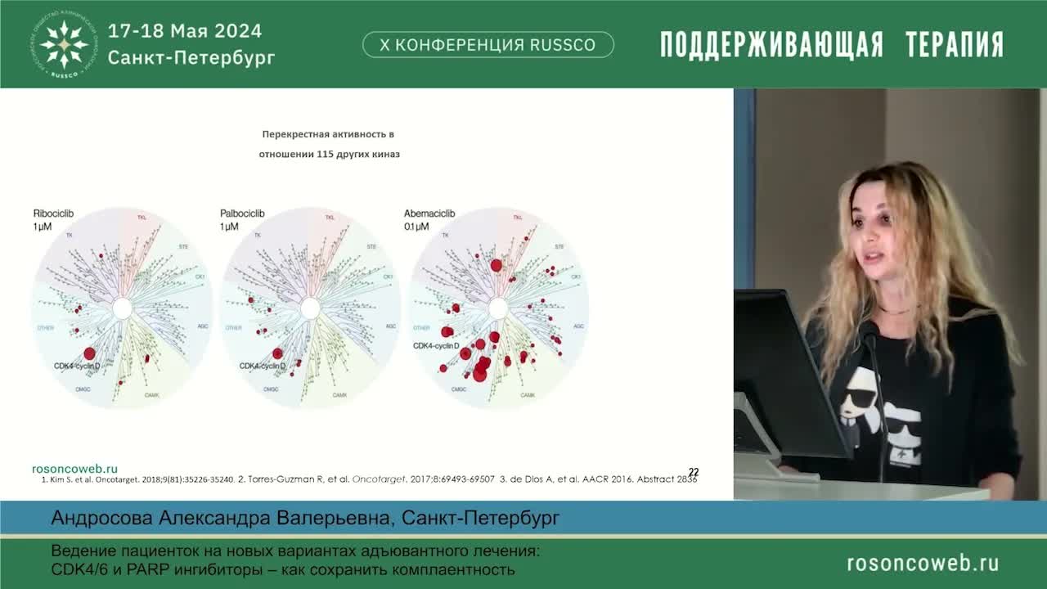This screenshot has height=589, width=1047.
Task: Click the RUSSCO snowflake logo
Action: point(65,43)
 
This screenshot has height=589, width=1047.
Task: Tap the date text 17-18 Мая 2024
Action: point(185,31)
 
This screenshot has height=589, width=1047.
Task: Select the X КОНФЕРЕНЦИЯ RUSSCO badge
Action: point(488,45)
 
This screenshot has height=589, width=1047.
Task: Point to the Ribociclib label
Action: point(54,214)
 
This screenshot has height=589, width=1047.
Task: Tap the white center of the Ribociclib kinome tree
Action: point(122,308)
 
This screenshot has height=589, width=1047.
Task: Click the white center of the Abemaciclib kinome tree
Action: point(498,308)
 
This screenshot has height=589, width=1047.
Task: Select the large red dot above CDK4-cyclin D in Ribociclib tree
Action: point(89,353)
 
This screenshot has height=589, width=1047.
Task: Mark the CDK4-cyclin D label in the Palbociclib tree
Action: point(263,366)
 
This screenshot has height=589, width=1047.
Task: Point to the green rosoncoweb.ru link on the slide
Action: point(74,469)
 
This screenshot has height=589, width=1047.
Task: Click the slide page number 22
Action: point(694,472)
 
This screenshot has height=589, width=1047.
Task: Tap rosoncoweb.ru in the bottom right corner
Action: point(922,563)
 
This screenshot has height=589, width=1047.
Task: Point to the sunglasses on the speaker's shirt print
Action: point(861,402)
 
